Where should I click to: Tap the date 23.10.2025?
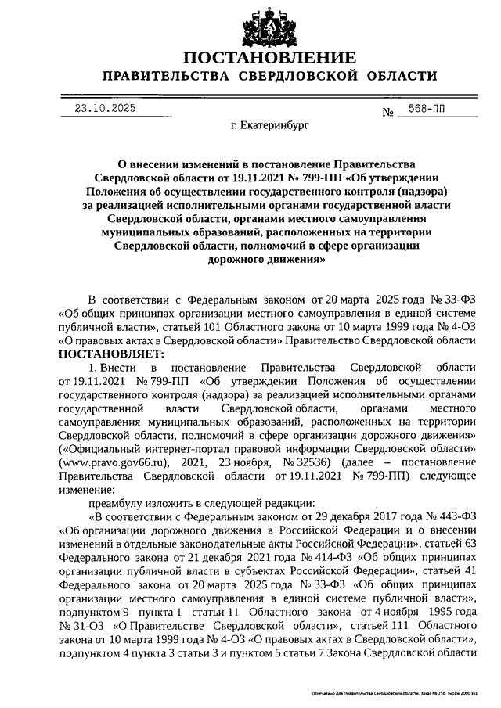101,110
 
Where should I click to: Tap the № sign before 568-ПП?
387,112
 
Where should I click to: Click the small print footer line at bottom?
394,694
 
